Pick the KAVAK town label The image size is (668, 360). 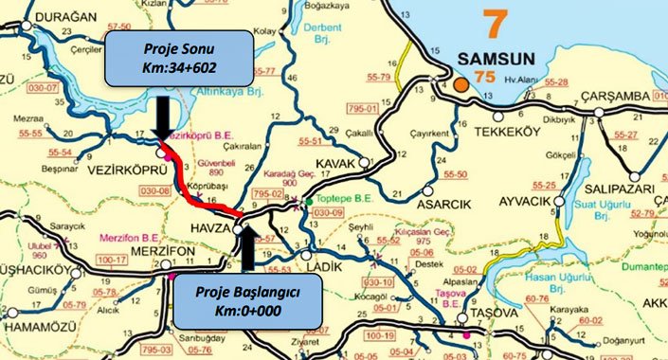(346, 164)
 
